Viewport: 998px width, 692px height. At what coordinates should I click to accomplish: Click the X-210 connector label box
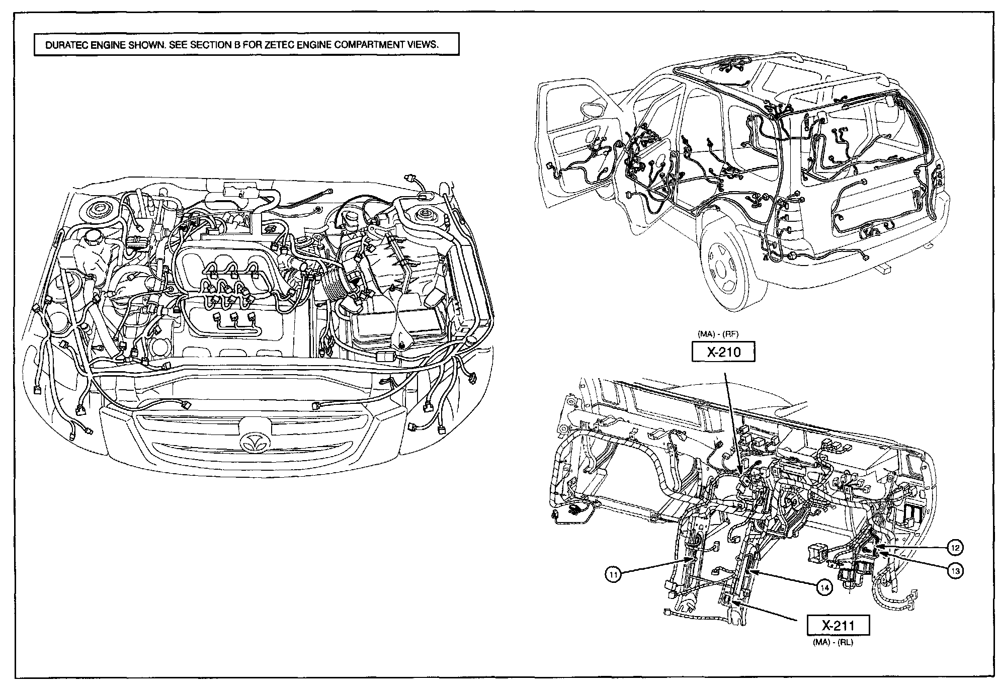tap(723, 352)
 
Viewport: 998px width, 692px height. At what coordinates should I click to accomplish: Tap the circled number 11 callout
tap(613, 574)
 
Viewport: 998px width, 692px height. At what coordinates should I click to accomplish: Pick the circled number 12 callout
tap(955, 547)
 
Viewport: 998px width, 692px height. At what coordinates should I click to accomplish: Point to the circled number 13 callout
tap(955, 571)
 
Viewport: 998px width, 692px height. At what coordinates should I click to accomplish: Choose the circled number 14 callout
tap(824, 587)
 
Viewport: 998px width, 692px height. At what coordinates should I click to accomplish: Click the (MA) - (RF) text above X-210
tap(718, 333)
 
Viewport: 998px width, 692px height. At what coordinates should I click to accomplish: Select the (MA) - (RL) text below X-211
tap(833, 643)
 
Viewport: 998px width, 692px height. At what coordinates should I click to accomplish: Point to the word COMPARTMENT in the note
tap(369, 45)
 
